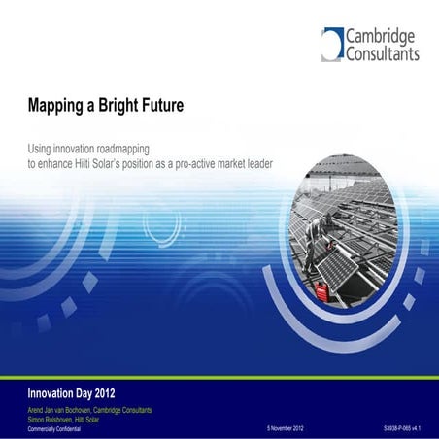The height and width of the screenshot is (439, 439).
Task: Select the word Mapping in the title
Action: point(57,104)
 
